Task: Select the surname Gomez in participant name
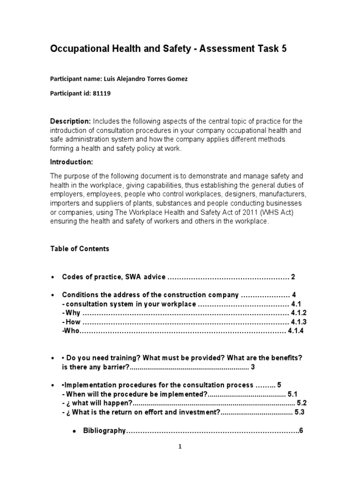point(176,79)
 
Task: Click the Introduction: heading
point(72,162)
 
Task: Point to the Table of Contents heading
point(80,249)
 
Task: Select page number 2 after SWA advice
point(293,277)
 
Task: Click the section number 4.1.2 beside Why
point(298,313)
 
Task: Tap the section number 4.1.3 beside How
point(298,322)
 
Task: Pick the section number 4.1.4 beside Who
point(296,331)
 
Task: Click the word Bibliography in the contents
point(104,430)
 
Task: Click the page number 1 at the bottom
point(180,447)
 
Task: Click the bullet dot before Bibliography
point(74,431)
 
